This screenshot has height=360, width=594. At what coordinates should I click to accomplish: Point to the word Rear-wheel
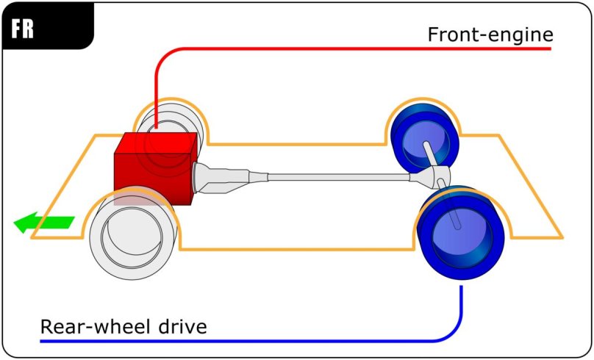tap(89, 325)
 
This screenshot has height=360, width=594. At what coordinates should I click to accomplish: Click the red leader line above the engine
tap(157, 81)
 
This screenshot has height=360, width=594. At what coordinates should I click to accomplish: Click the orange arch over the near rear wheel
tap(459, 188)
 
